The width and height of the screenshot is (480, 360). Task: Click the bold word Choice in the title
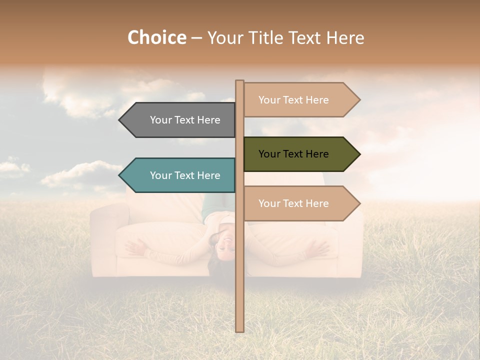point(156,37)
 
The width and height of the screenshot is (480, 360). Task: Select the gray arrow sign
point(180,120)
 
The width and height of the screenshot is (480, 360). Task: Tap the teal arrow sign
point(180,175)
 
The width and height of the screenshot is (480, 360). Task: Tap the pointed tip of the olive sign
point(359,154)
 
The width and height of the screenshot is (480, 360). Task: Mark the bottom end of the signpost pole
point(240,330)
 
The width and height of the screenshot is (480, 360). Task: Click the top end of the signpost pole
point(240,81)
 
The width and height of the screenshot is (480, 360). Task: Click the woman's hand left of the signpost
point(135,246)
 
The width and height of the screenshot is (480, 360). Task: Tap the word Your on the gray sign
point(160,120)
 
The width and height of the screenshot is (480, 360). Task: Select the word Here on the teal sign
point(208,175)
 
